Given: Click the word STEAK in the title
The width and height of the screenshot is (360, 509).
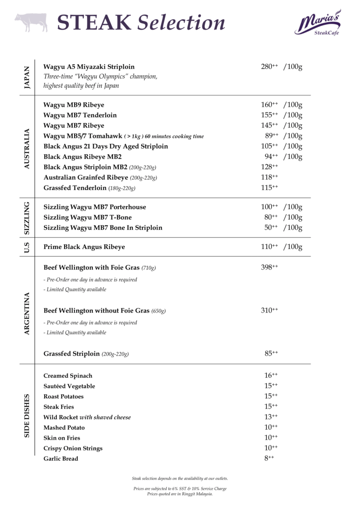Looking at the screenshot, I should tap(94, 22).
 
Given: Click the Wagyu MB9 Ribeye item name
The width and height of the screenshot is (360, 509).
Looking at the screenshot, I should tap(74, 105).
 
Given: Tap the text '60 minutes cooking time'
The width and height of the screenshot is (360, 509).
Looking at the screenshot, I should tap(174, 136).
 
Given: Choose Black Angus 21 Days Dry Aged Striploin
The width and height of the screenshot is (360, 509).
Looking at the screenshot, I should tap(105, 146).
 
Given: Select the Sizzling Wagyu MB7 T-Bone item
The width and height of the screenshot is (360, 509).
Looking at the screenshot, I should tap(88, 217).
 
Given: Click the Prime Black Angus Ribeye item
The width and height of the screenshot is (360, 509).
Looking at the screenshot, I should tap(84, 247).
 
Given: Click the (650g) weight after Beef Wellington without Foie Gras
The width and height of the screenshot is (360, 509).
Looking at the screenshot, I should tap(158, 311).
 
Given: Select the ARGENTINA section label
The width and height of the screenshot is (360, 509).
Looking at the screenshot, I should tap(27, 314).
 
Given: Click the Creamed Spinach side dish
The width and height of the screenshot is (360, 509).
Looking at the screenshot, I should tap(68, 376).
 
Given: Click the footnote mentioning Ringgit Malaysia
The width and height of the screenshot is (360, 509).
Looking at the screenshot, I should tap(180, 494).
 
